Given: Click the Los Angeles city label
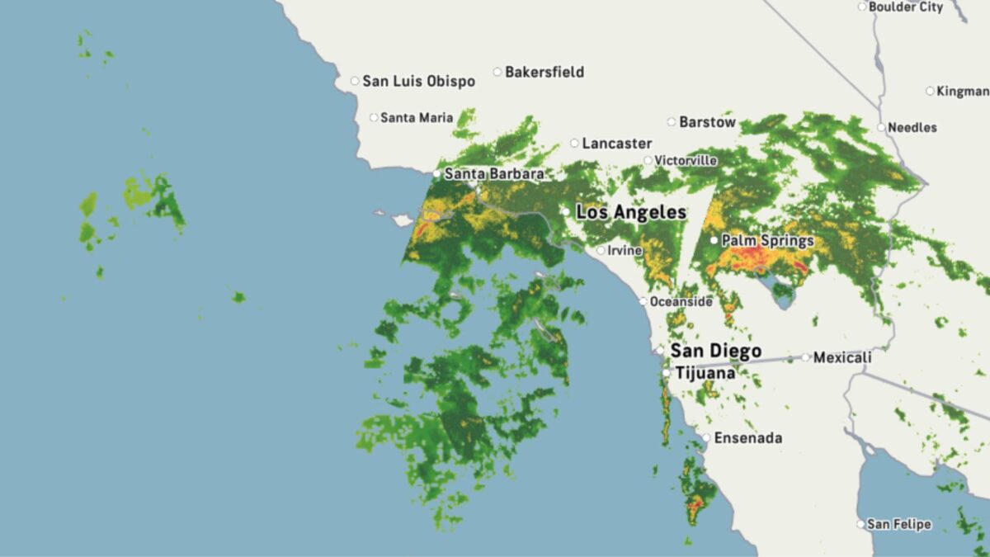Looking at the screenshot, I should pos(631,212).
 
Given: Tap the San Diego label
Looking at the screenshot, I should pos(715,352).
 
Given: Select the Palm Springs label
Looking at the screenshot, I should pos(767,241).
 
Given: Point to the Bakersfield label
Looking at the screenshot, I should pos(544,72).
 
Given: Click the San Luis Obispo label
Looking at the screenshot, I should pos(419,81).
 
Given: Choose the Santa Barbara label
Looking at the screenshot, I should pos(494,174).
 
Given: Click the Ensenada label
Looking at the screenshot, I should pos(747,438).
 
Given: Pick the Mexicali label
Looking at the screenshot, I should pos(842,357).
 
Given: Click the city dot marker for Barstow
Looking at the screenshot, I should pos(672,122).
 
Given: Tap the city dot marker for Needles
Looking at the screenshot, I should pos(881,127).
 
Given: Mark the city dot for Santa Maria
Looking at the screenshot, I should pos(374,118).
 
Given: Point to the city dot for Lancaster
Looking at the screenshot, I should pos(575,143).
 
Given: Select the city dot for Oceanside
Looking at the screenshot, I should pos(643,301).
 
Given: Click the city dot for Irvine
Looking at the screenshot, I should pos(601,250).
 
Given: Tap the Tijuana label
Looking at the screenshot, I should pos(705,373).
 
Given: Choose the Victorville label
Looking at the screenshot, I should pos(686,160).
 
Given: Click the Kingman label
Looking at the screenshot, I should pos(962,91).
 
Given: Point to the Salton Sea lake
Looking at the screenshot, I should pos(780,290).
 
